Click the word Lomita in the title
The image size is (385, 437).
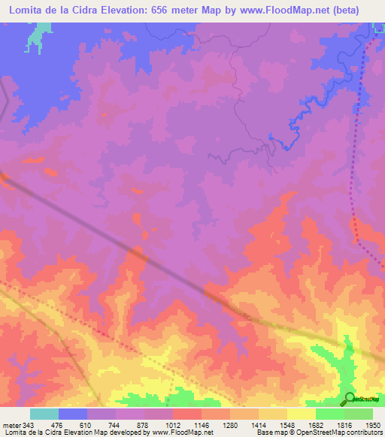(x=28, y=11)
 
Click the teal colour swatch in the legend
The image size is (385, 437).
(x=44, y=414)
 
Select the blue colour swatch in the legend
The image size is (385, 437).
(x=73, y=414)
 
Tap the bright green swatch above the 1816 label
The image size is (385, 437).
(x=330, y=414)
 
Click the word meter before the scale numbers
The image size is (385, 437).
(x=13, y=425)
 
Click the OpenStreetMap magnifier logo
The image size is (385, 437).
(x=349, y=398)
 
